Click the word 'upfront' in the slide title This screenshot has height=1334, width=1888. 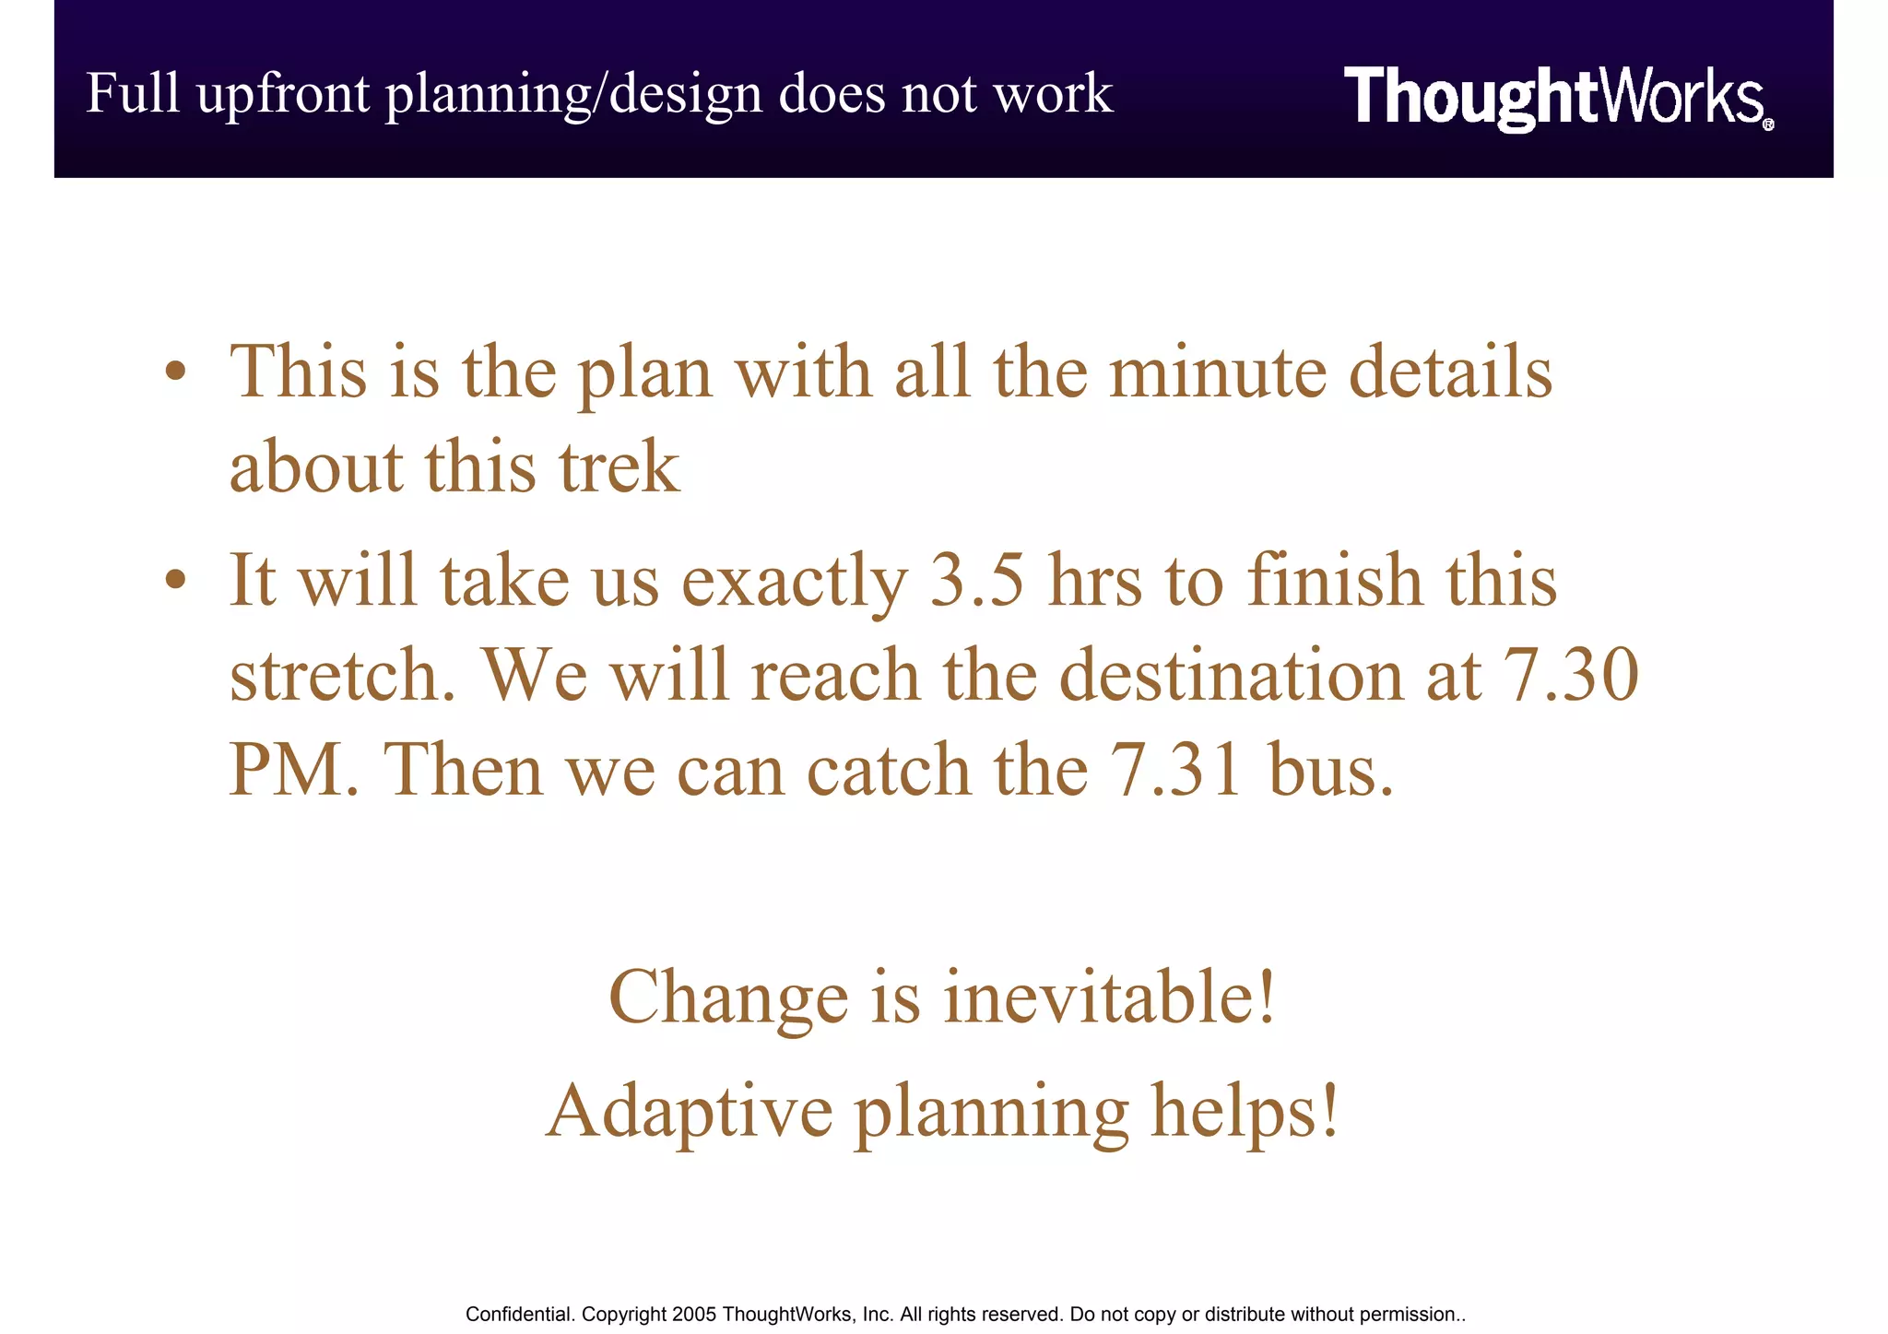[x=283, y=95]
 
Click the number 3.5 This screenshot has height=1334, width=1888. [x=976, y=581]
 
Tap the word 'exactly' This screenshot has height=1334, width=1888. [x=795, y=583]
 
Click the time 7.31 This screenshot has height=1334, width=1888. [x=1176, y=770]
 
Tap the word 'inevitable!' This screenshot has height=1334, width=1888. [x=1111, y=998]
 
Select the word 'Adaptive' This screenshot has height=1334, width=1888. [x=690, y=1112]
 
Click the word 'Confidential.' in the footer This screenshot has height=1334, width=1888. [x=520, y=1315]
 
